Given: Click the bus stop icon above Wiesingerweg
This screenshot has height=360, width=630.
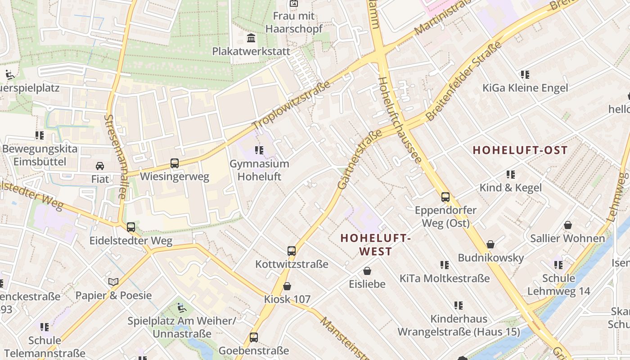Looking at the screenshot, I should point(174,163).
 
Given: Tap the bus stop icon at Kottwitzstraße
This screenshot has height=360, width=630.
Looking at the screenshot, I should point(292,251).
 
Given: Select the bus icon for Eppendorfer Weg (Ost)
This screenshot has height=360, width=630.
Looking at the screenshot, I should point(445,197).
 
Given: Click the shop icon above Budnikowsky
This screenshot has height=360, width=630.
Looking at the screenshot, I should point(490,244).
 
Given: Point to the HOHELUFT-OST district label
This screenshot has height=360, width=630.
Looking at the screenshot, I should point(520,150).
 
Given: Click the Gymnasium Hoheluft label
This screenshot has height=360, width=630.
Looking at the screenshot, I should point(259,170).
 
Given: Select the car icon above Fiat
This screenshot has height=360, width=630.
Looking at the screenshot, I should point(100,166).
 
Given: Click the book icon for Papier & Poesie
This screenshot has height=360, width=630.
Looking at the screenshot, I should point(113,282).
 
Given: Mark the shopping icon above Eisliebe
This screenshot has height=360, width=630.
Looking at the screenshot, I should point(367,271).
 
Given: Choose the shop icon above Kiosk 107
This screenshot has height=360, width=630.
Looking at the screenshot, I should point(287,286).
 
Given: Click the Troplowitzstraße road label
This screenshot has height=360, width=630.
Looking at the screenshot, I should point(291,106).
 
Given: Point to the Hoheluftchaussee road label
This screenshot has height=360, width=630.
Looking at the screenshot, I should point(399,120).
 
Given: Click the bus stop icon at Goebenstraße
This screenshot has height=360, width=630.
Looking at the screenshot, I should point(253,337).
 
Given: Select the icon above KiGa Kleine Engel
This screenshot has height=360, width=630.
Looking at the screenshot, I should point(525,74).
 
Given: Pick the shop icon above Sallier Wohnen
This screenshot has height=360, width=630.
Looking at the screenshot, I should point(568,225).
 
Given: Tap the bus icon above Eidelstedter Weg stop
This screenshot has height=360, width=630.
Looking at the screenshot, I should point(130,227).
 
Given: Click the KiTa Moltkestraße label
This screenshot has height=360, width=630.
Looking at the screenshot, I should point(445,279).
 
